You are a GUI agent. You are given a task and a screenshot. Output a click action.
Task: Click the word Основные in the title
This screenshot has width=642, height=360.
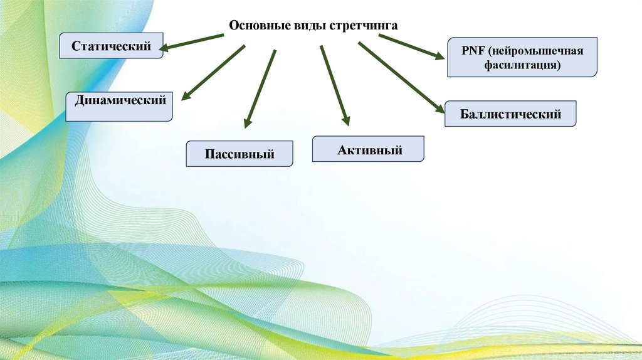tap(255, 26)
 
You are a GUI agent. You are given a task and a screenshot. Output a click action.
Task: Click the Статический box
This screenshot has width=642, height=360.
tap(112, 46)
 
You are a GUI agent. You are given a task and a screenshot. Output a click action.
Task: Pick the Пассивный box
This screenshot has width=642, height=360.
tap(239, 154)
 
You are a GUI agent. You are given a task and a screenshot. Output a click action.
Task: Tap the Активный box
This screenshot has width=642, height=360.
tap(369, 149)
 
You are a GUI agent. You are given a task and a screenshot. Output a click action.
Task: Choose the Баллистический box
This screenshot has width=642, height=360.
tap(510, 114)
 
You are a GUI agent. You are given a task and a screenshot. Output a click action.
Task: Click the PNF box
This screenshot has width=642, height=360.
tap(522, 57)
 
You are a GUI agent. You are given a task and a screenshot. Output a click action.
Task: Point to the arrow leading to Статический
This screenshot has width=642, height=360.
tap(194, 41)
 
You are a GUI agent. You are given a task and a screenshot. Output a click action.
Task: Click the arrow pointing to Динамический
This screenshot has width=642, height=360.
tap(213, 72)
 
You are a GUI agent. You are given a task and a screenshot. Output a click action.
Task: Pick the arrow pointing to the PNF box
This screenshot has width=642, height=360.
tap(411, 46)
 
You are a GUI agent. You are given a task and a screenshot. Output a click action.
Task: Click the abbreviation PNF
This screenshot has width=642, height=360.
tap(470, 50)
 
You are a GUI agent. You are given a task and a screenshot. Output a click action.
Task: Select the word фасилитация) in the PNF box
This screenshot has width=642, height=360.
tap(522, 64)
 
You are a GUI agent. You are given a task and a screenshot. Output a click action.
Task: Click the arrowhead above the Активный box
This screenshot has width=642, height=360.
tap(344, 119)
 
